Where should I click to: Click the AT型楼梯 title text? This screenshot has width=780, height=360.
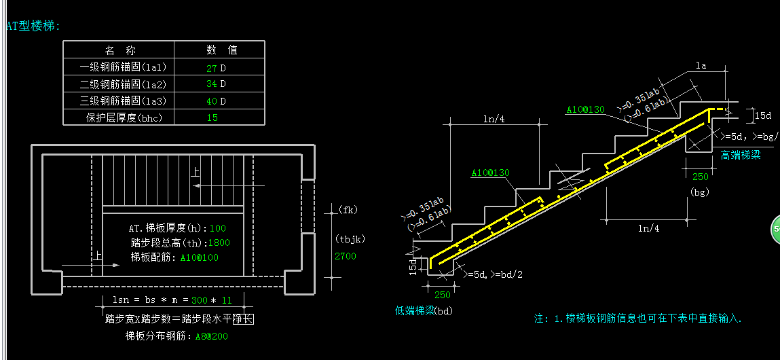point(33,26)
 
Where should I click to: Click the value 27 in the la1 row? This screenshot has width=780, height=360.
point(211,67)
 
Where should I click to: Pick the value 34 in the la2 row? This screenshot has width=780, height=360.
point(211,84)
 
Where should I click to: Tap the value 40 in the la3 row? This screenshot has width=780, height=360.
point(211,101)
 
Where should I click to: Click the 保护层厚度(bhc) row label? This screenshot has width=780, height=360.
point(119,118)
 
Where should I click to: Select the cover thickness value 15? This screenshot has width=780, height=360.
point(212,118)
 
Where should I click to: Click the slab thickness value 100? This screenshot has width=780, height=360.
point(218,228)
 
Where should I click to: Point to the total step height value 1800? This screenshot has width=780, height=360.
point(219,242)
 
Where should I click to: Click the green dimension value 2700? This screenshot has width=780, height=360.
point(345,256)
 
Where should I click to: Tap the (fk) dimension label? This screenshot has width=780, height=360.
point(347,209)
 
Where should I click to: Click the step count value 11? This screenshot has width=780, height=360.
point(227,300)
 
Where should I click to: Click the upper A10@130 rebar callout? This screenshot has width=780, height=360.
point(584,109)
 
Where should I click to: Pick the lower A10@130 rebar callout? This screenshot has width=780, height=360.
point(489,173)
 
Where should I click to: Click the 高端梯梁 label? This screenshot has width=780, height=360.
point(741,156)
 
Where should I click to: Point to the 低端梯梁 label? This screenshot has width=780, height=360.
point(415,310)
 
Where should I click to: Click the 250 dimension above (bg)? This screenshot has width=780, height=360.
point(701,177)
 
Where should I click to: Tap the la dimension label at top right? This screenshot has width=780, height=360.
point(701,66)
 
